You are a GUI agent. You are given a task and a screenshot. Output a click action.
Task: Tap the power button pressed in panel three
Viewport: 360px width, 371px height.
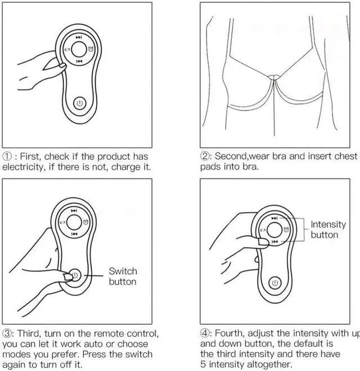pyautogui.click(x=75, y=275)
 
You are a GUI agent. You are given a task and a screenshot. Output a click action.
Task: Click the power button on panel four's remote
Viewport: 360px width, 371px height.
pyautogui.click(x=274, y=283)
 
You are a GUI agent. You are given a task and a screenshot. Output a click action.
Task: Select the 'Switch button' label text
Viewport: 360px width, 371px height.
pyautogui.click(x=123, y=276)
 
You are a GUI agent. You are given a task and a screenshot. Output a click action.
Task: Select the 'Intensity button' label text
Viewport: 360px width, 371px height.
pyautogui.click(x=328, y=230)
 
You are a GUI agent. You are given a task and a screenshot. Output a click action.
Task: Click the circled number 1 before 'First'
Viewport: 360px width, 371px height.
pyautogui.click(x=7, y=157)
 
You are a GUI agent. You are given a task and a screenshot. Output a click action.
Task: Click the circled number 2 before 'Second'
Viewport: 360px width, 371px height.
pyautogui.click(x=205, y=156)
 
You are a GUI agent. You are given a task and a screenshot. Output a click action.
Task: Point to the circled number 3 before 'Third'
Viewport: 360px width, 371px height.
pyautogui.click(x=7, y=333)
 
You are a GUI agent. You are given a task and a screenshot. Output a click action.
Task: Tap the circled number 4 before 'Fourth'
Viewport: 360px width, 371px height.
pyautogui.click(x=205, y=333)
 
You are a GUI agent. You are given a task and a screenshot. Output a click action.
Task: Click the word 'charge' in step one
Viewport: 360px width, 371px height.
pyautogui.click(x=120, y=167)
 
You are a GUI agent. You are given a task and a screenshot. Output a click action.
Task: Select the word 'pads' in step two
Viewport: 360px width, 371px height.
pyautogui.click(x=211, y=167)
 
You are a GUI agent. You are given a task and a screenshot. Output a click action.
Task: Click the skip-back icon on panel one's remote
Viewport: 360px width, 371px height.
pyautogui.click(x=79, y=61)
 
